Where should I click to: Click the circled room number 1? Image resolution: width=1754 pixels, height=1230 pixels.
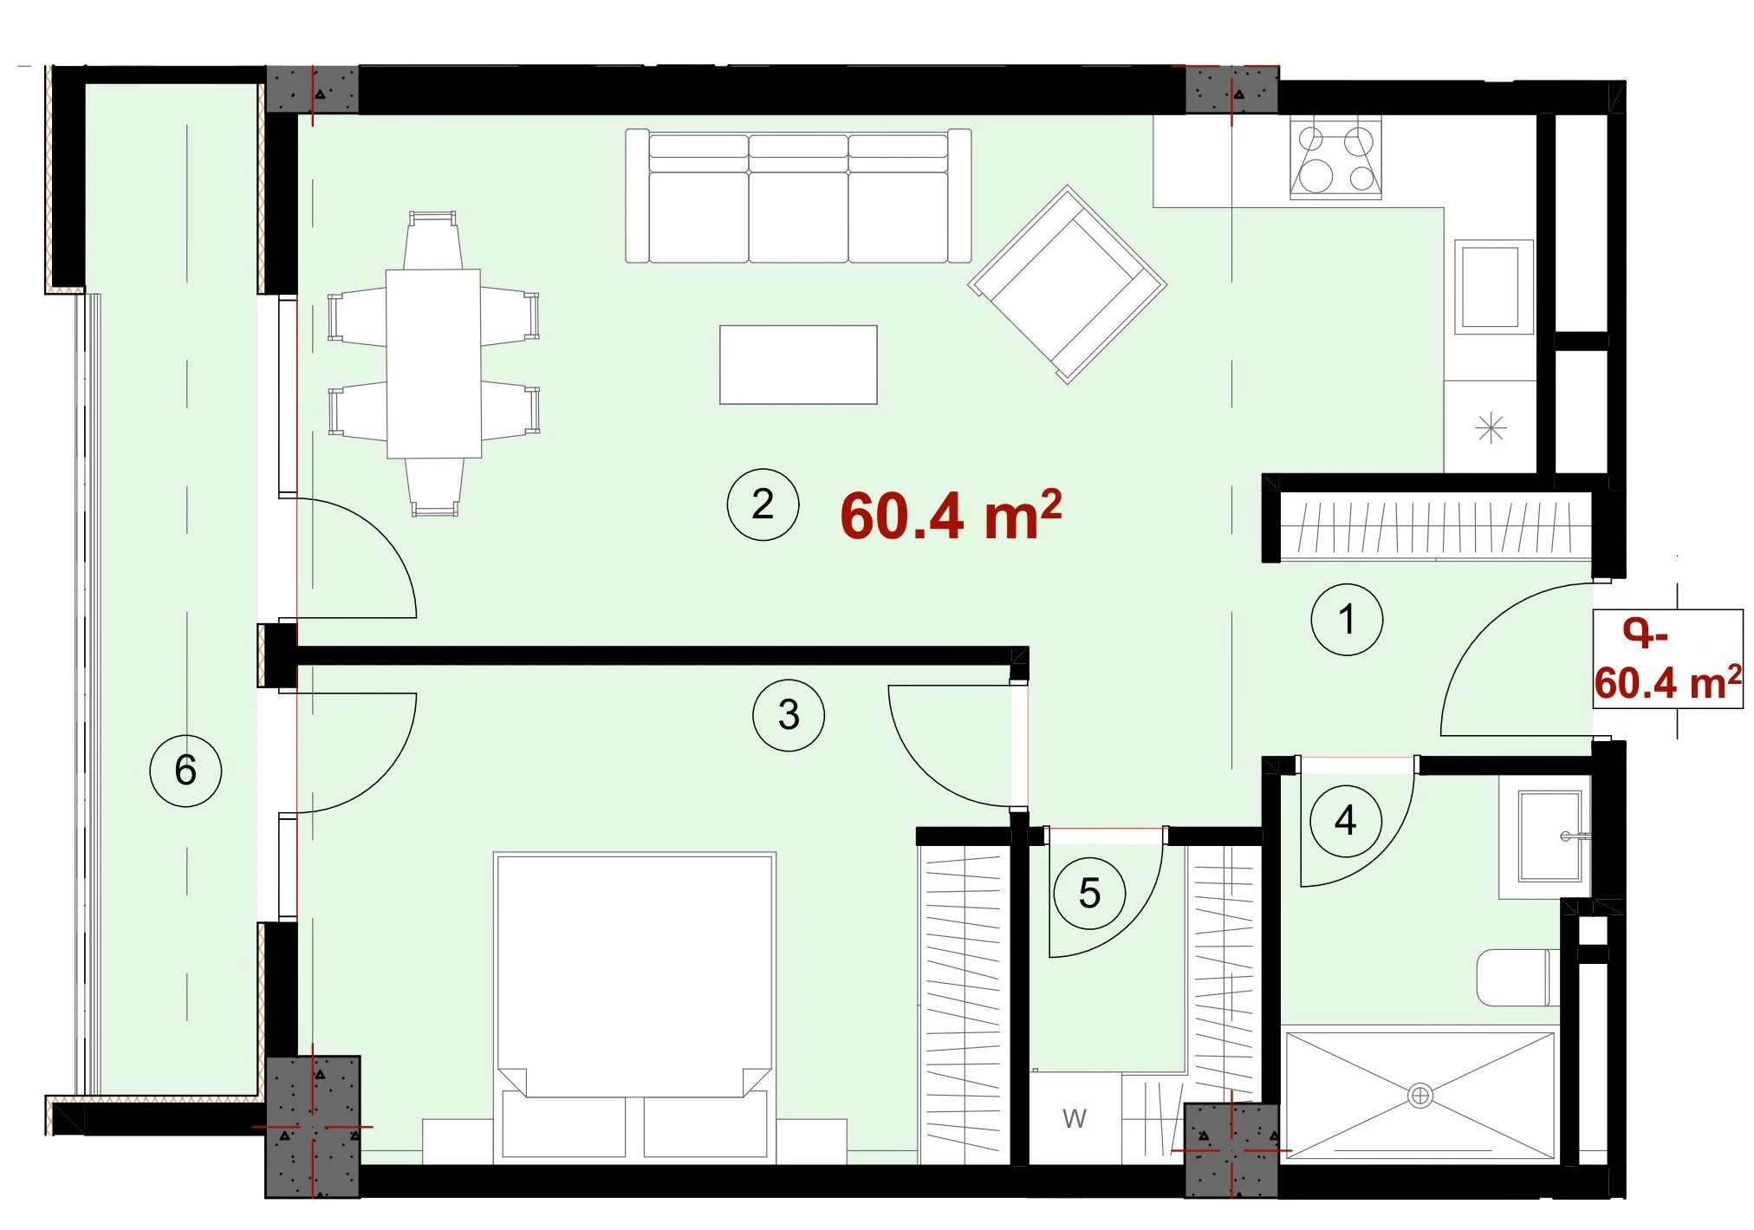[x=1347, y=619]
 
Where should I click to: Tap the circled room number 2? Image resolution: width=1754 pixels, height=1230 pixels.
[x=763, y=504]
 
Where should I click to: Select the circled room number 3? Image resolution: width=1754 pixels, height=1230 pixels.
[x=789, y=715]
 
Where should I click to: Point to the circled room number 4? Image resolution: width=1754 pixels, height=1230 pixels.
[x=1346, y=820]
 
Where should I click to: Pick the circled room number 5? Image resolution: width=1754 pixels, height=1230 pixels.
[x=1089, y=894]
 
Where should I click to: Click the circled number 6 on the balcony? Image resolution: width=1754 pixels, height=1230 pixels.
[x=185, y=771]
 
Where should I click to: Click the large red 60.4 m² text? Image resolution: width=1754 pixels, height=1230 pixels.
[x=951, y=515]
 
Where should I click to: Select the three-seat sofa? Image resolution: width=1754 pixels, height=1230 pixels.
[x=798, y=196]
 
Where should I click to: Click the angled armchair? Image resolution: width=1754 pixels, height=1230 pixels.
[x=1068, y=284]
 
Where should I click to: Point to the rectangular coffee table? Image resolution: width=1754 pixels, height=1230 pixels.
[x=798, y=365]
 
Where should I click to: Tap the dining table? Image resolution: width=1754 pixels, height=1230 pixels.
[x=433, y=364]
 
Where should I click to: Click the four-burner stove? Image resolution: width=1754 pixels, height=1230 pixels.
[x=1335, y=159]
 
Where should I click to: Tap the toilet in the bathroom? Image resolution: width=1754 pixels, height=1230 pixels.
[x=1517, y=978]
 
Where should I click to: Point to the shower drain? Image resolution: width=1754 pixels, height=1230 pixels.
[x=1419, y=1096]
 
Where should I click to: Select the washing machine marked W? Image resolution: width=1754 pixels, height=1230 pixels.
[x=1075, y=1118]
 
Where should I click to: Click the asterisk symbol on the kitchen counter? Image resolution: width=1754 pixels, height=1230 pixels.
[x=1491, y=427]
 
